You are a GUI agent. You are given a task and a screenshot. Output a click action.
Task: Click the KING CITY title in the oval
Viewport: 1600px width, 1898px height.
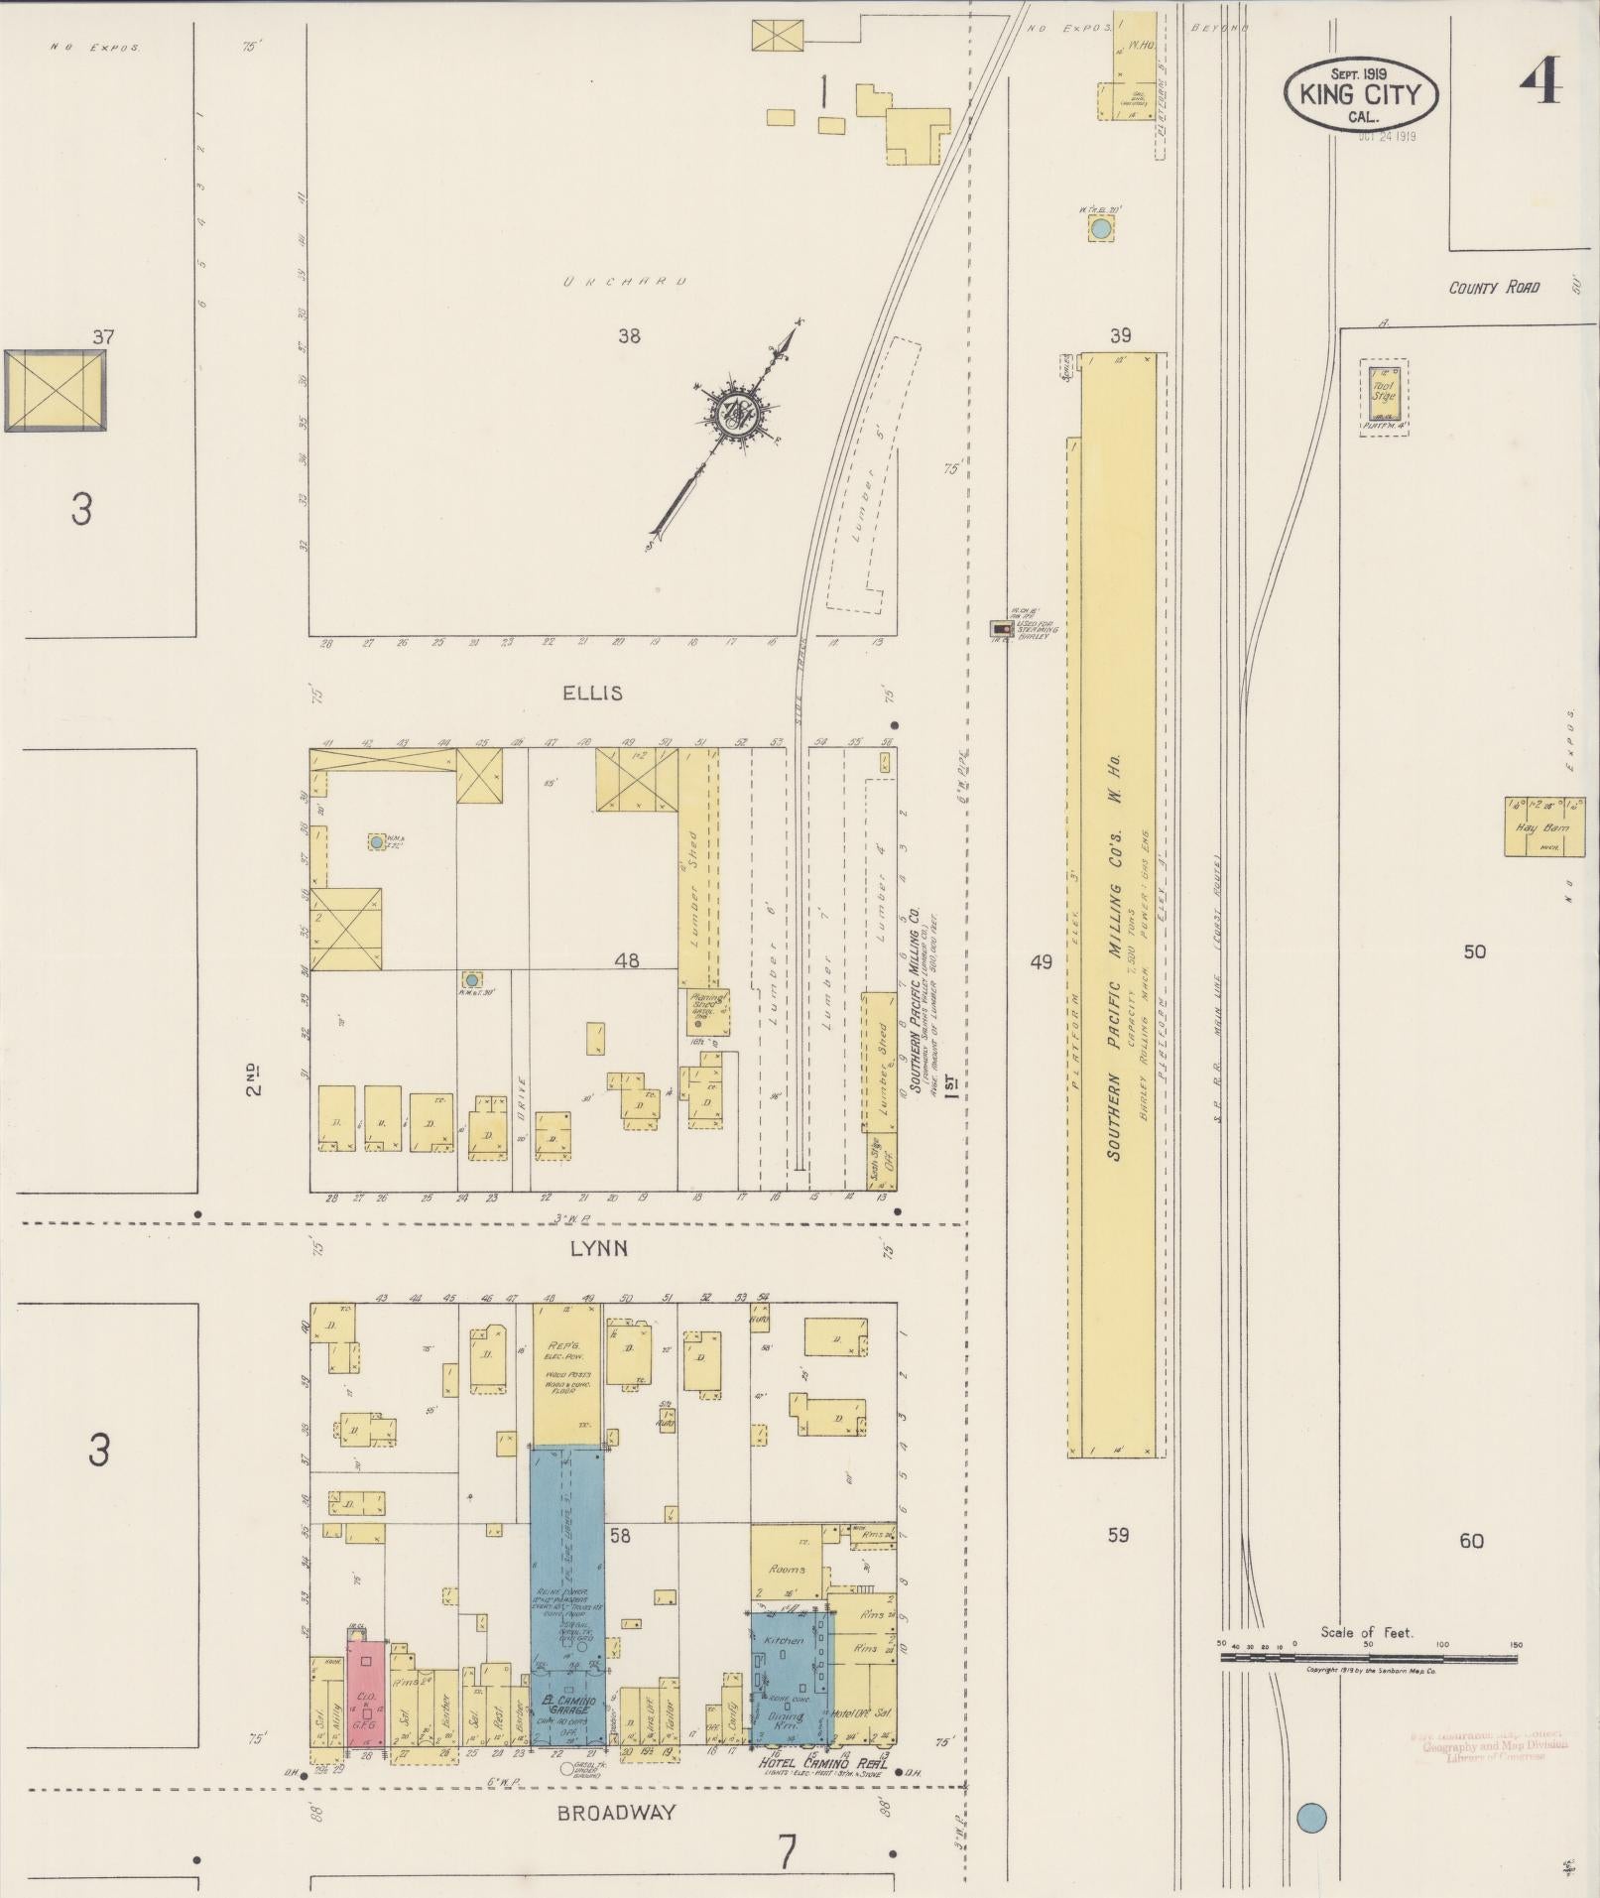[x=1358, y=96]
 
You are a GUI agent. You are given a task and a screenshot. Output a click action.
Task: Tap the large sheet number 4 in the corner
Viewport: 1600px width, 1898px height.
[x=1539, y=79]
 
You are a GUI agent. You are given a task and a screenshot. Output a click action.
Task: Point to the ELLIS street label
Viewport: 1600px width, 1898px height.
[x=592, y=693]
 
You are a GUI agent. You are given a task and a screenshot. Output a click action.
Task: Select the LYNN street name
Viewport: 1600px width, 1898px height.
[x=598, y=1248]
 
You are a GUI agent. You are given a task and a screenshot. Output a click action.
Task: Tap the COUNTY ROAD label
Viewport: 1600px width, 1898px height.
[x=1494, y=288]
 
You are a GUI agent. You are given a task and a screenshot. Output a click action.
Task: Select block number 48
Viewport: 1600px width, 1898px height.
[x=627, y=960]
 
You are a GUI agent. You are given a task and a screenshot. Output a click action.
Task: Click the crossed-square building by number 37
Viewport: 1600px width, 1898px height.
[x=55, y=390]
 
